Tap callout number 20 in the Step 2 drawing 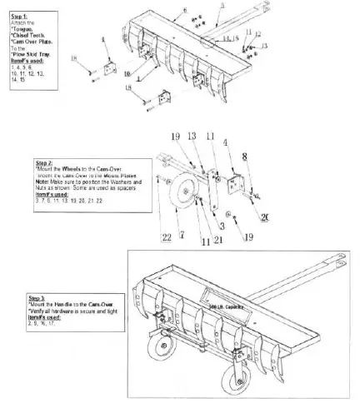[266, 218]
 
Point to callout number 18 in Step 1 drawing [74, 58]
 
